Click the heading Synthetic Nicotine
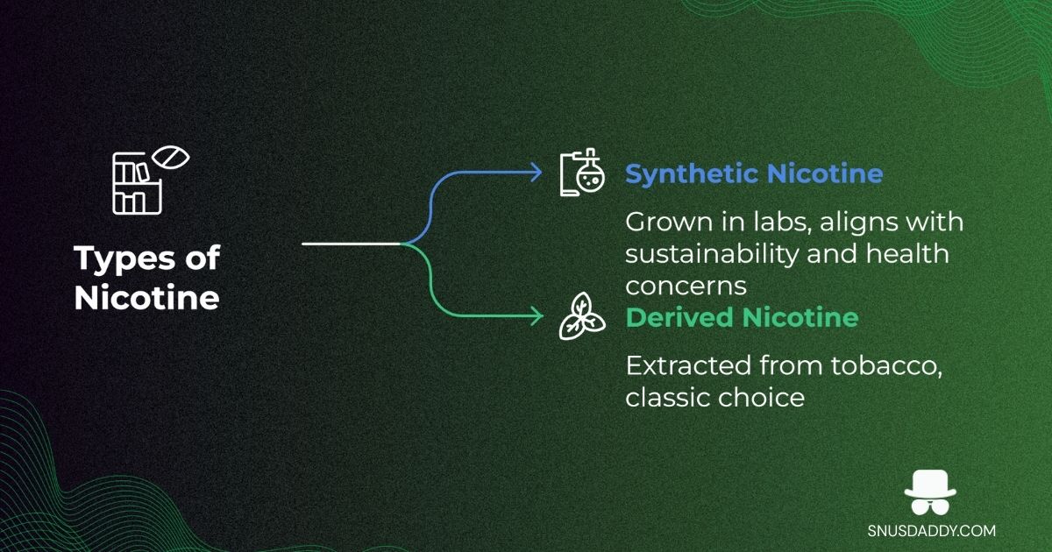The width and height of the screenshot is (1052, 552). click(753, 173)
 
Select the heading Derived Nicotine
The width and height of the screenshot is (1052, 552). click(742, 317)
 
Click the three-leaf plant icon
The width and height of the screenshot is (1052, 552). click(582, 316)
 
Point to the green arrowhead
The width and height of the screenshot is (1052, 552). click(537, 315)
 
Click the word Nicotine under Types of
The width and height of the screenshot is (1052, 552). click(146, 298)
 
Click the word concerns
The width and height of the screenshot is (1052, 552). click(685, 286)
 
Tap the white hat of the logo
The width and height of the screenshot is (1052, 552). click(931, 485)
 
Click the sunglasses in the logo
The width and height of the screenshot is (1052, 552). click(931, 506)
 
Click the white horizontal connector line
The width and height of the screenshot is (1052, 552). click(351, 244)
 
